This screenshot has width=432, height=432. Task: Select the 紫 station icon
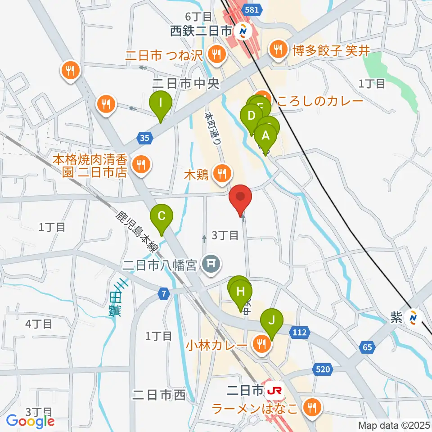coord(411,318)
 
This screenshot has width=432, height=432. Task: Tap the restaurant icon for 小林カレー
coord(261,345)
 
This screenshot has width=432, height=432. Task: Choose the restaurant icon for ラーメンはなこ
coord(311,408)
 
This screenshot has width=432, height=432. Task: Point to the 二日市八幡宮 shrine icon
coord(210,263)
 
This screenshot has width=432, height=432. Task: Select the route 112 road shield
coord(301,333)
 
